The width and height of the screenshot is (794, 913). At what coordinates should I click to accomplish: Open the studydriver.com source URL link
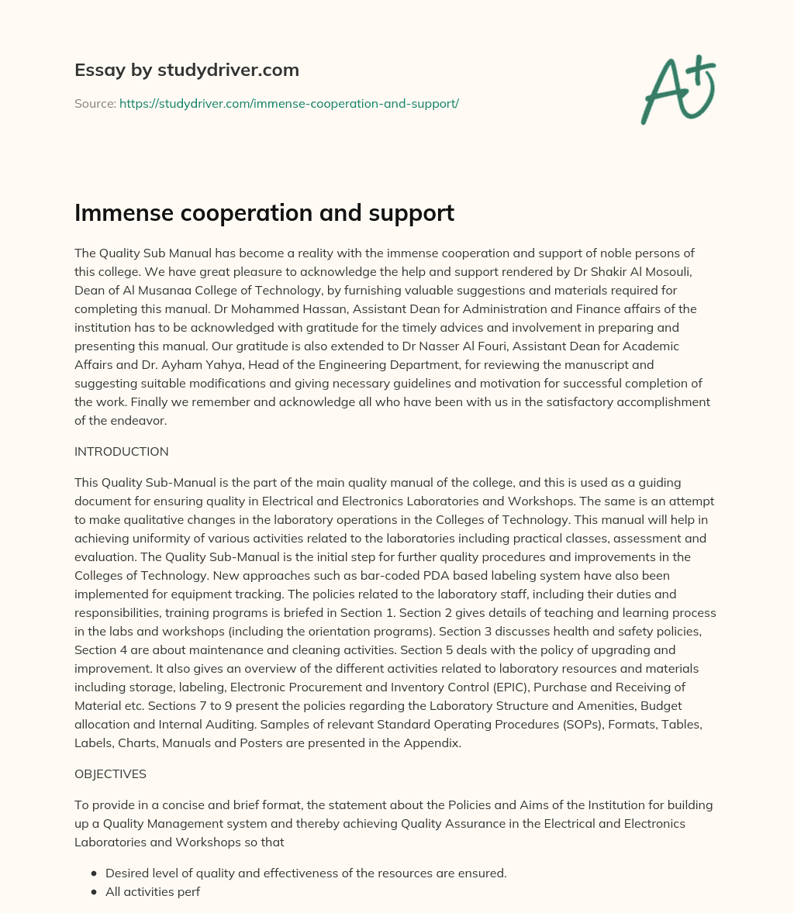(289, 103)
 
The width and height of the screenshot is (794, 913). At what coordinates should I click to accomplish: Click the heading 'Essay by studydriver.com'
(186, 70)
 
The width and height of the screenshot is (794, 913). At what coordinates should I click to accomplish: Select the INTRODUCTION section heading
(121, 451)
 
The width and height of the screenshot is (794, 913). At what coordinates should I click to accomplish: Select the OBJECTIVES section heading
(110, 773)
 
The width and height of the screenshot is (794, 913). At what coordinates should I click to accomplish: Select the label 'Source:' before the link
(95, 103)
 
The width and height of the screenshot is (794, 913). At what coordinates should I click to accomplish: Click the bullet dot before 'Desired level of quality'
(94, 873)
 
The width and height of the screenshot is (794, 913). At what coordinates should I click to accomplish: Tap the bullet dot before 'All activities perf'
(94, 891)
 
